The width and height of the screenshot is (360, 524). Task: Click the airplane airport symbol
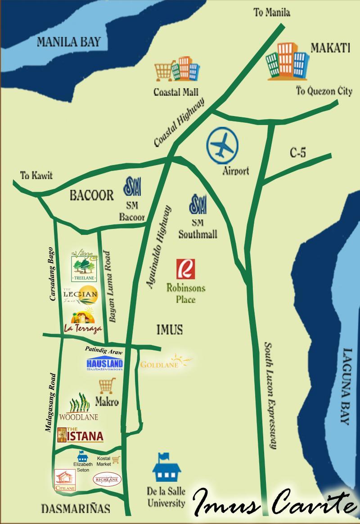(x=223, y=145)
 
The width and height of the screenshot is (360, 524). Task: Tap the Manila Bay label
(x=68, y=42)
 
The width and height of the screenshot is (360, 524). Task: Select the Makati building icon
(x=287, y=61)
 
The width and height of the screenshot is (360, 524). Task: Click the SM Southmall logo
(x=198, y=205)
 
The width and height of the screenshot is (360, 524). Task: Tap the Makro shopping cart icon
(x=107, y=386)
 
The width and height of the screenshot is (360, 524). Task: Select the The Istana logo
(x=81, y=435)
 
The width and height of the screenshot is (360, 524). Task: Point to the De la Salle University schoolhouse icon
(x=166, y=468)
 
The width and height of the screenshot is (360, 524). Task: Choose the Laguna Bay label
(x=346, y=387)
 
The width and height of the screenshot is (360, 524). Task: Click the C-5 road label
(x=297, y=153)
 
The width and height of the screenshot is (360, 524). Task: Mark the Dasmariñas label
(x=75, y=509)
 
